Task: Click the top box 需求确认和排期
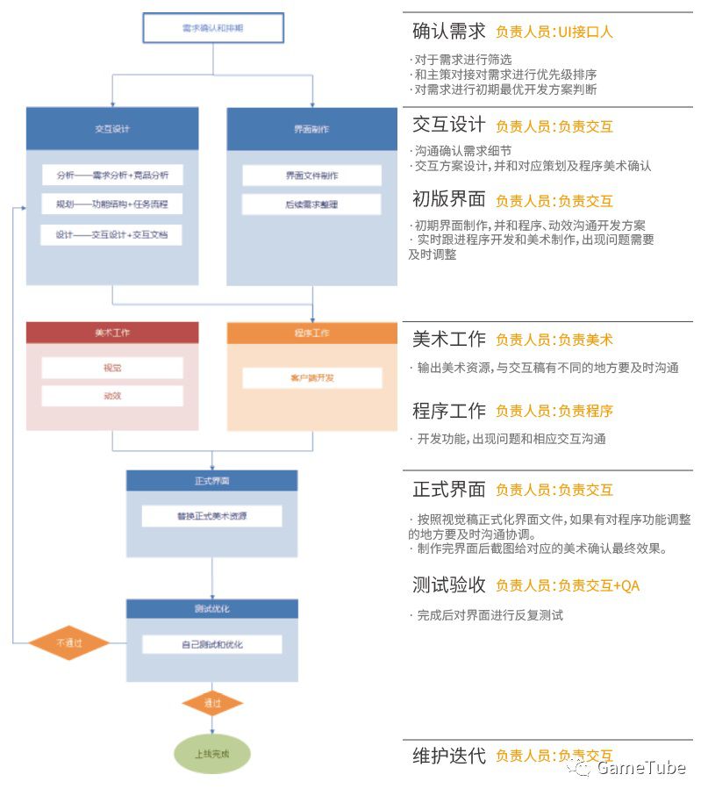(213, 29)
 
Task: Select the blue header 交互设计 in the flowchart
(112, 128)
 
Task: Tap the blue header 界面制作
(312, 128)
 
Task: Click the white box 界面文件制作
(312, 176)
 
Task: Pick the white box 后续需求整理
(312, 204)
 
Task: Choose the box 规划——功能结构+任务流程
(112, 204)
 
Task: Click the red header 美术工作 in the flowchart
(112, 333)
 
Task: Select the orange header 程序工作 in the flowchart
(312, 333)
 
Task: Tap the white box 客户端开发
(312, 378)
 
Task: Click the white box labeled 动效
(112, 396)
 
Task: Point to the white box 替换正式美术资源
(212, 516)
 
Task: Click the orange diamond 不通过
(68, 642)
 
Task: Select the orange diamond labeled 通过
(212, 703)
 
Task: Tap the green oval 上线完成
(212, 753)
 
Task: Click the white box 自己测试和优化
(212, 644)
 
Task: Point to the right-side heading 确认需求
(448, 32)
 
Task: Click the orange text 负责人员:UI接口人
(554, 32)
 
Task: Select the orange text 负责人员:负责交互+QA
(567, 585)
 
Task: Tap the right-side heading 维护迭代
(448, 755)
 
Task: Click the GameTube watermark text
(640, 769)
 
